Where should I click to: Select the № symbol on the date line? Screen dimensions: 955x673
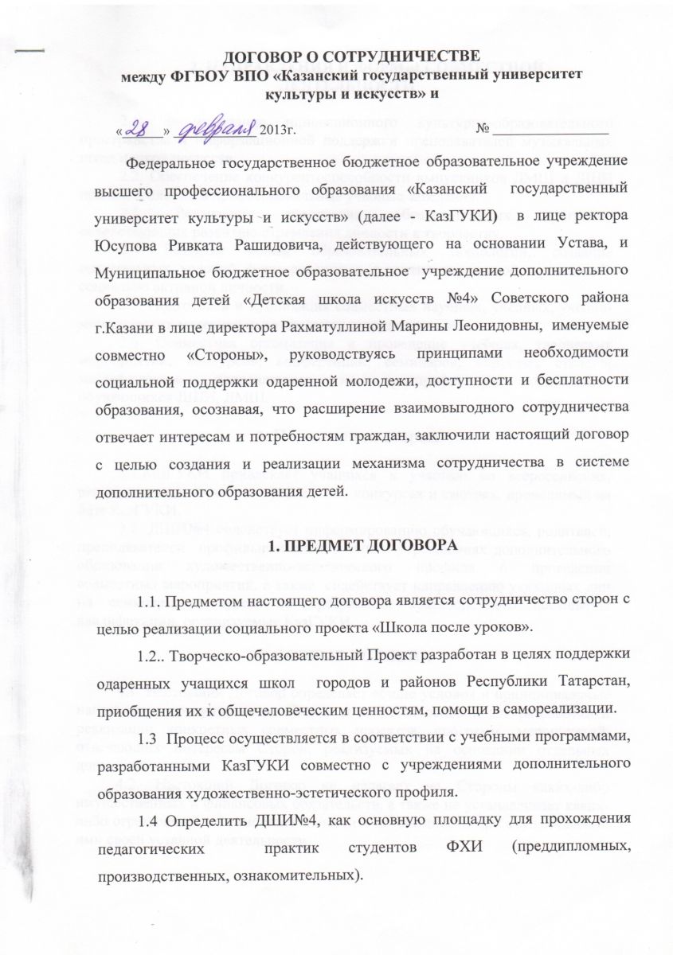click(x=483, y=129)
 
